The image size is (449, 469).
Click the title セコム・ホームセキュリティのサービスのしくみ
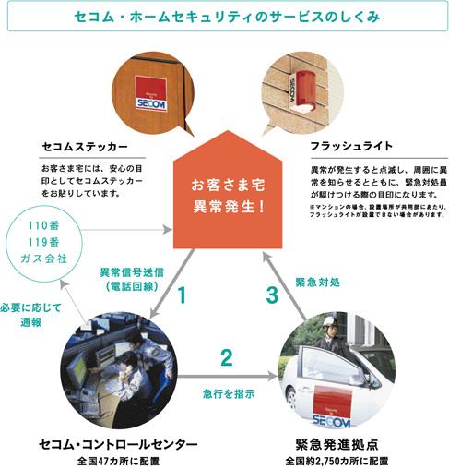click(224, 17)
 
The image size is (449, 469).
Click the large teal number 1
click(183, 296)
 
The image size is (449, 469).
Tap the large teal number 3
click(270, 296)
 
